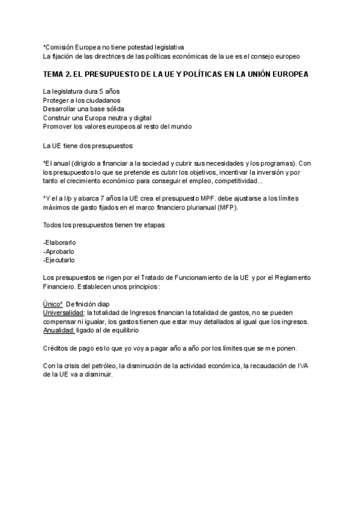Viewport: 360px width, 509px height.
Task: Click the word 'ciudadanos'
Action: coord(101,100)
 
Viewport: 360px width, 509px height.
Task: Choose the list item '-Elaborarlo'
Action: coord(59,242)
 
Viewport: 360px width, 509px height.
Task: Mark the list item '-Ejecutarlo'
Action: coord(59,261)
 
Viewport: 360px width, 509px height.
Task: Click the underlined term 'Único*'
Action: coord(53,304)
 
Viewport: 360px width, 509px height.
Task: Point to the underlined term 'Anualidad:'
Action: coord(59,331)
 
